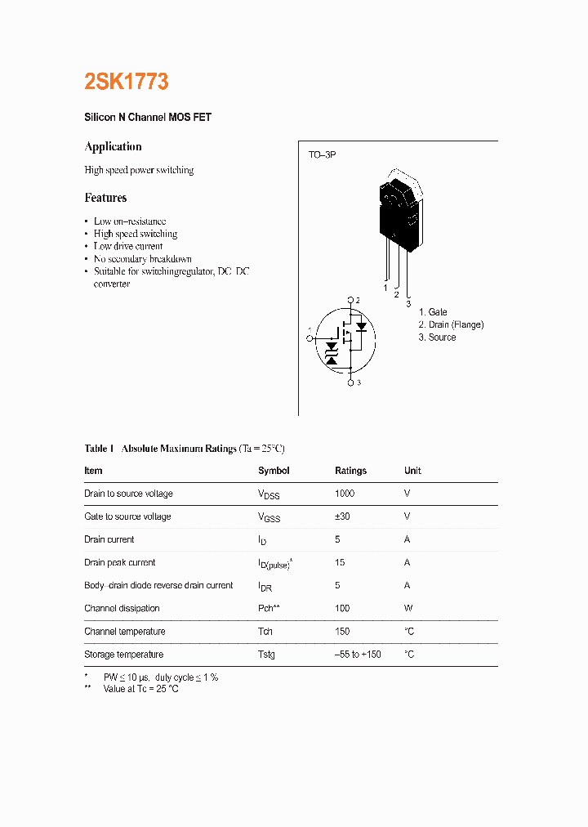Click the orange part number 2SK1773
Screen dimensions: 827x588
point(127,82)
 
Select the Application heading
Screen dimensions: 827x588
point(113,147)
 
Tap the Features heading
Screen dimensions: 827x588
point(105,198)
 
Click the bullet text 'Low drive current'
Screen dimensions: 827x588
point(128,246)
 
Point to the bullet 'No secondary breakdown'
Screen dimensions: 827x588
point(143,259)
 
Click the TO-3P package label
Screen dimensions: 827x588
point(322,154)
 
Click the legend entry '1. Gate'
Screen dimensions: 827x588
point(433,312)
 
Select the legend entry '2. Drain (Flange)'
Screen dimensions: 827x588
point(451,324)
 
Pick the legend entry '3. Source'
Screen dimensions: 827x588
point(437,338)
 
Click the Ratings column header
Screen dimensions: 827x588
point(350,471)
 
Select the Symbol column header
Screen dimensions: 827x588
point(274,471)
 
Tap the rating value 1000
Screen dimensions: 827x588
point(345,494)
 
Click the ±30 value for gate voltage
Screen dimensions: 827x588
point(343,516)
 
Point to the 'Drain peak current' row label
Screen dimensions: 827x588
point(119,562)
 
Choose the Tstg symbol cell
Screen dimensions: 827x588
point(266,655)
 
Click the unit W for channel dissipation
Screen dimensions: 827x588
point(408,608)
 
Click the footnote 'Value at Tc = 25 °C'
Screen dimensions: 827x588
point(140,689)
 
